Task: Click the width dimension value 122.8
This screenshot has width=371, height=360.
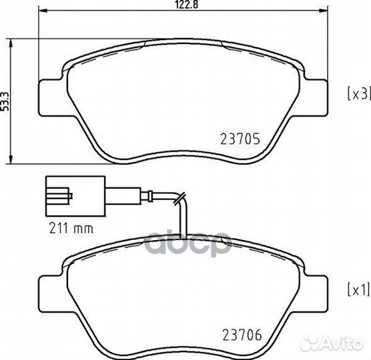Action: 182,4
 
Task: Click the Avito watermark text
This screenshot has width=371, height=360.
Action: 340,343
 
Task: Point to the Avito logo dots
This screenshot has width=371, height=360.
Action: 311,343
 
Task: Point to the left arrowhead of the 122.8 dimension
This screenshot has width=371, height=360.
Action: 42,12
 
